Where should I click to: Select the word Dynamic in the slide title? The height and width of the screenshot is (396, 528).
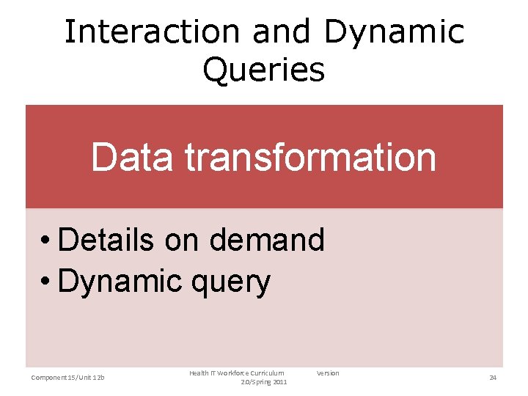tap(394, 32)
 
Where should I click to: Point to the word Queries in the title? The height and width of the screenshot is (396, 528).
tap(263, 70)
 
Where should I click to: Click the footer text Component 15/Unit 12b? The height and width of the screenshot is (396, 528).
tap(68, 378)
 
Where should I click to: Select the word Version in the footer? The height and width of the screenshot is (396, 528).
tap(328, 373)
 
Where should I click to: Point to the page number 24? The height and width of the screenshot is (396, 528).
tap(493, 378)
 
